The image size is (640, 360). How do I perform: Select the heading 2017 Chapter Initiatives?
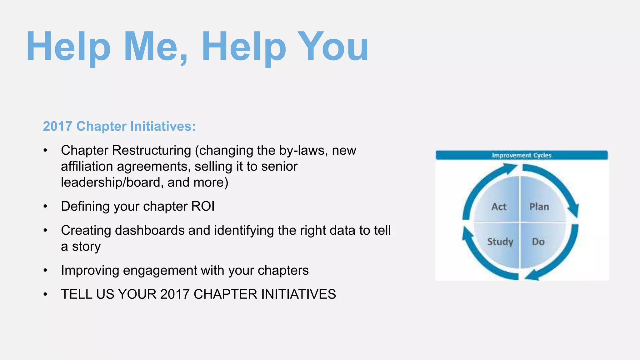click(x=119, y=126)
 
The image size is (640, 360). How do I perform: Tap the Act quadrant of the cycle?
click(x=498, y=207)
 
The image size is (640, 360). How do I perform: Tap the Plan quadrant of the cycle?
click(x=539, y=207)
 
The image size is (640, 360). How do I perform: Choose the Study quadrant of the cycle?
click(x=500, y=242)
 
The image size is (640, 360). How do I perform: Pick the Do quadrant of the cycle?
click(x=538, y=242)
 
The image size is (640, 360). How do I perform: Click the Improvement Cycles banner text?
click(x=521, y=155)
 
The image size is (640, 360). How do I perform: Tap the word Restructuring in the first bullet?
click(x=151, y=151)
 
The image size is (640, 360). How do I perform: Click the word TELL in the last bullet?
click(x=77, y=294)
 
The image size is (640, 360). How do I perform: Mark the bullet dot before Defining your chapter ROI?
click(x=45, y=207)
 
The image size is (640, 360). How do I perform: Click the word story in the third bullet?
click(x=86, y=247)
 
